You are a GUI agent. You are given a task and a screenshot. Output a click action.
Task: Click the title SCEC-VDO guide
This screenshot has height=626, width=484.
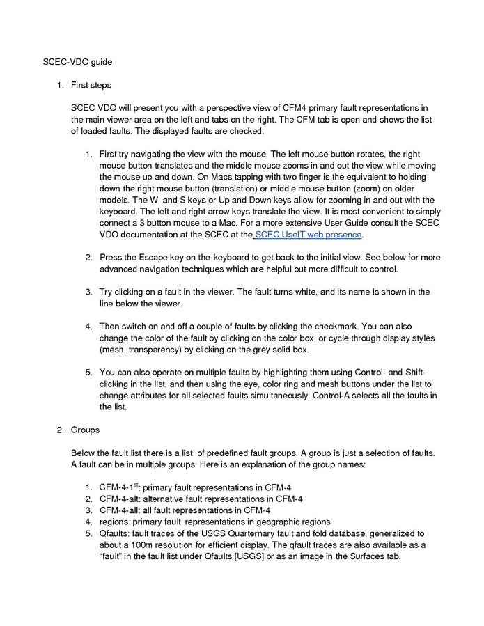click(x=77, y=62)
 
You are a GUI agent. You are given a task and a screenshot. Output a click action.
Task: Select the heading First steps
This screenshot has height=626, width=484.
click(x=91, y=85)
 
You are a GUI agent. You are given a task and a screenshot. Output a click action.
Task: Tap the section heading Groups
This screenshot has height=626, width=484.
click(x=85, y=430)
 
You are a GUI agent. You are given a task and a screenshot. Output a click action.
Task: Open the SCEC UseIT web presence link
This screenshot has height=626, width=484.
click(x=309, y=234)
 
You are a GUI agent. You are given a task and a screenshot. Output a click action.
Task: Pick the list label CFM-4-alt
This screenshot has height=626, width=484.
click(x=121, y=499)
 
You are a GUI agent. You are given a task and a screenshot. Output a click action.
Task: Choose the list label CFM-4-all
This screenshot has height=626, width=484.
click(x=120, y=510)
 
